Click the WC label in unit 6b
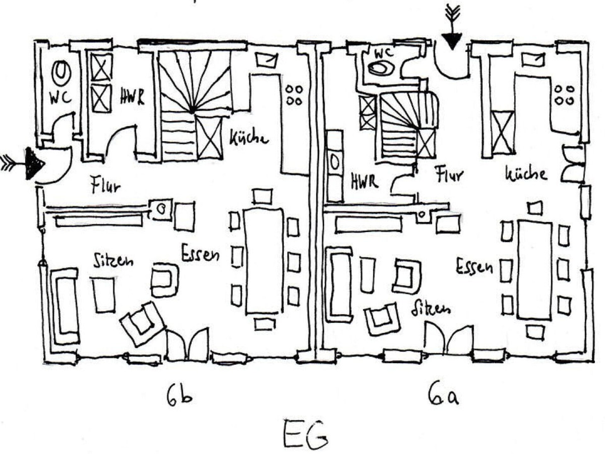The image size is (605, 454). (x=60, y=98)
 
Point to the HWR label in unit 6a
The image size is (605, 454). (x=364, y=182)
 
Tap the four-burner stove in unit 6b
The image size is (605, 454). (x=294, y=95)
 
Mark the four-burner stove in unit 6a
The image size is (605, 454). (x=564, y=95)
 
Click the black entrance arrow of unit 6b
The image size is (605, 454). (x=34, y=163)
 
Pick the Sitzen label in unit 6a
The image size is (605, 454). (x=431, y=307)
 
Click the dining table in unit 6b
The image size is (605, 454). (x=263, y=260)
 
